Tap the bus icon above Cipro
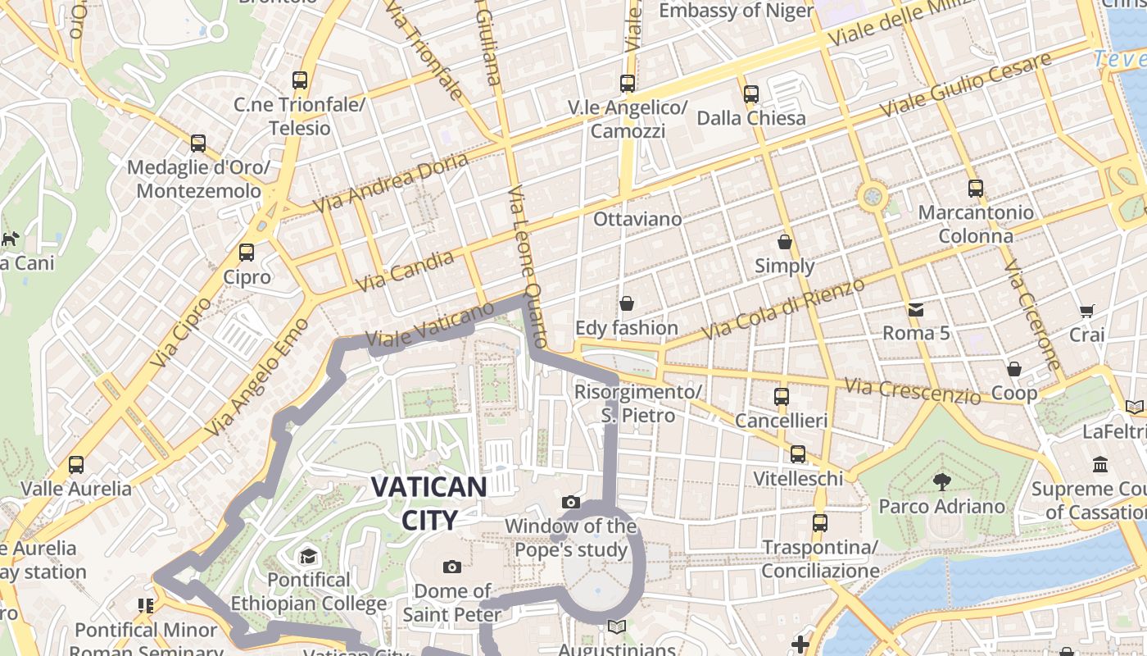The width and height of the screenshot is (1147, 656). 247,253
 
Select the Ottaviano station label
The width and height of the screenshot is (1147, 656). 637,219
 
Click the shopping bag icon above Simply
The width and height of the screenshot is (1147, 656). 785,242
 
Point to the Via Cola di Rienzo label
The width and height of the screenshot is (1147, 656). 784,308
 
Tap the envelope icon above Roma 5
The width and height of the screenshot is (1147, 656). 915,309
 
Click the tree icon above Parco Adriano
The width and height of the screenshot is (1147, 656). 942,481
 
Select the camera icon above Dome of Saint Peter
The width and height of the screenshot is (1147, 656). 451,567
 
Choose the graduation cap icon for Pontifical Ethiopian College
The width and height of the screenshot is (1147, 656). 308,556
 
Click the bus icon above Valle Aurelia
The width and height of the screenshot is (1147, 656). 76,464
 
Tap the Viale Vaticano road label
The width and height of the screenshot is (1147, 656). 430,324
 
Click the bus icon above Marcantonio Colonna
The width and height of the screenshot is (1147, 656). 975,189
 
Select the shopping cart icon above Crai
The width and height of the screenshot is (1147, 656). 1087,311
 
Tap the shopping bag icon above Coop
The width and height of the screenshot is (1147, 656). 1014,369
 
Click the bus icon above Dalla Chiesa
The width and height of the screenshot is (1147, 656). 751,93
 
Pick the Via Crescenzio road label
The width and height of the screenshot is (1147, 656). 912,390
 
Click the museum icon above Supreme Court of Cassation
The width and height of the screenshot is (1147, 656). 1100,465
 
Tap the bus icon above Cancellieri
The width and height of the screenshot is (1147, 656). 782,396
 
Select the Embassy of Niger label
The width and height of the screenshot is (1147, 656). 736,11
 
